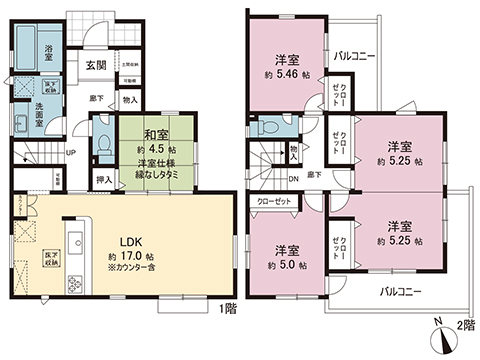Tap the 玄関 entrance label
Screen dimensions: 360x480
tap(96, 65)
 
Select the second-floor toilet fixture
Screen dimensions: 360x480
tap(266, 128)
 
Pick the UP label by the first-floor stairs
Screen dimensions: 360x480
tap(69, 153)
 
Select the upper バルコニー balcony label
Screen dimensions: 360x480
tap(354, 56)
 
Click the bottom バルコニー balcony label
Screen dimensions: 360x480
tap(400, 294)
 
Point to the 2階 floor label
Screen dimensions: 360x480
tap(463, 327)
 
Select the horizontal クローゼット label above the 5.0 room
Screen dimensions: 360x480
tap(273, 200)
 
